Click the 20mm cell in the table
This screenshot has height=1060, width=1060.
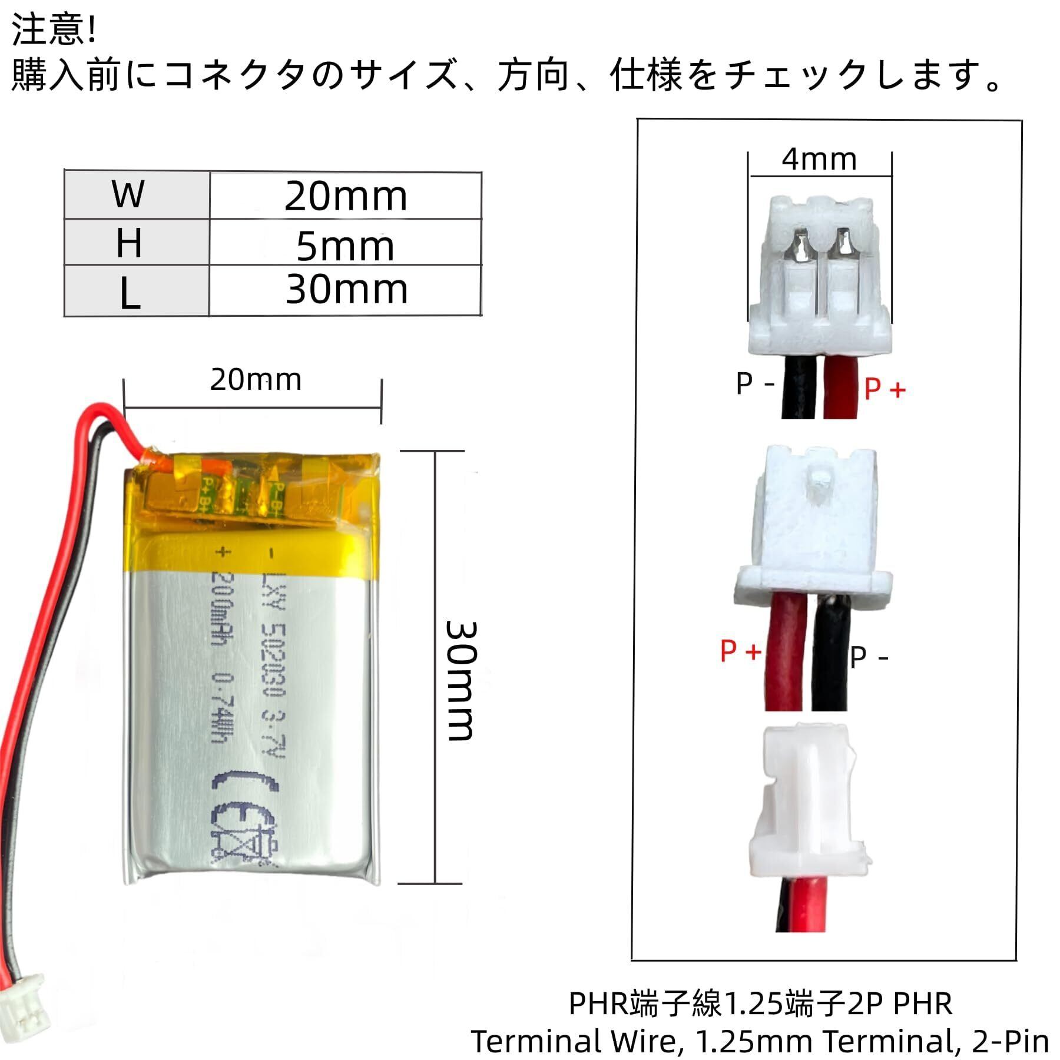coord(346,196)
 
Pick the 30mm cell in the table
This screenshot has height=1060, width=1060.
coord(346,290)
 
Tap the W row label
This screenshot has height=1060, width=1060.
coord(128,194)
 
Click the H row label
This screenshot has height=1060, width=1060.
coord(128,242)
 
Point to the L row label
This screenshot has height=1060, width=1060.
coord(130,293)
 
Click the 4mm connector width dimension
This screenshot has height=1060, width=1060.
coord(819,160)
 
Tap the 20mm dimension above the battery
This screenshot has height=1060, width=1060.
coord(256,380)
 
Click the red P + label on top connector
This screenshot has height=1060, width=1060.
coord(885,389)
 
